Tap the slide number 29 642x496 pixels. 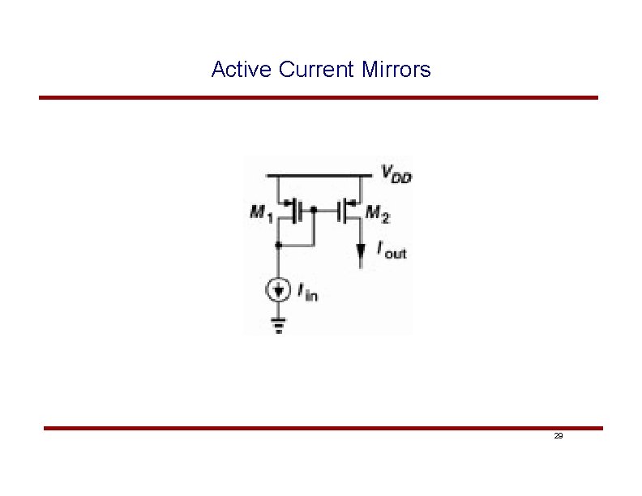559,436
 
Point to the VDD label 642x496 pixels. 396,173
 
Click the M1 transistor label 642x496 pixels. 260,214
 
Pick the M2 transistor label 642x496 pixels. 377,213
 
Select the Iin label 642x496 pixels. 308,292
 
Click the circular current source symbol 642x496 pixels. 279,289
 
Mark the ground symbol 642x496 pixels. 279,326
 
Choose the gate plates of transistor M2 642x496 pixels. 342,212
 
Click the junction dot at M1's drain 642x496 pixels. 279,243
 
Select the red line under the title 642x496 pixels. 319,97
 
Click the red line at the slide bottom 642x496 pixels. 323,428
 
